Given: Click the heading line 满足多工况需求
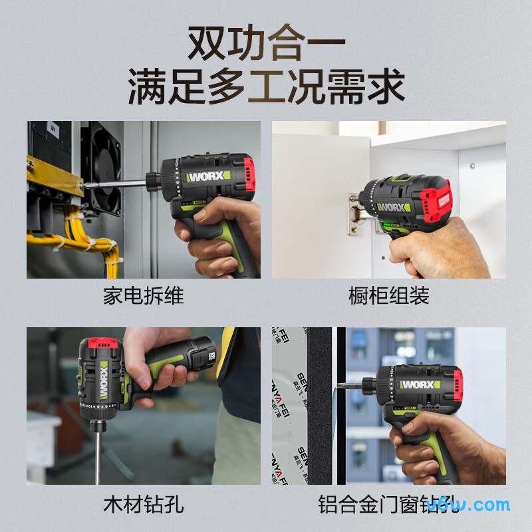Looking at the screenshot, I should [x=266, y=88].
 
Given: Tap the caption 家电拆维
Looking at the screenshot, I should [x=143, y=295].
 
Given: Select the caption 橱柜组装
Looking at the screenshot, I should [x=389, y=295].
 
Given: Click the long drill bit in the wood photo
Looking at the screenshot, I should [x=98, y=452].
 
